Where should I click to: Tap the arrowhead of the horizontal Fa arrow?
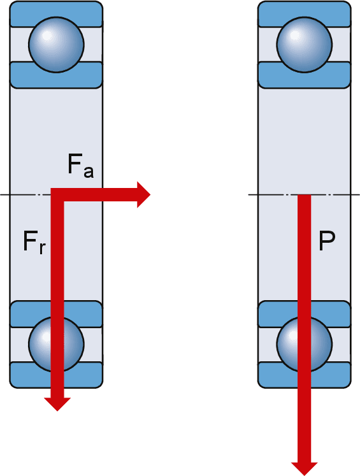[x=143, y=193]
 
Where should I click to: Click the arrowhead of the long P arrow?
[x=305, y=466]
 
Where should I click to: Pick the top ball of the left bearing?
[x=57, y=44]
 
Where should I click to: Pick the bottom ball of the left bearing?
[x=57, y=342]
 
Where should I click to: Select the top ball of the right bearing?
[x=305, y=44]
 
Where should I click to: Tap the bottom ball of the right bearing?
[x=305, y=342]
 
